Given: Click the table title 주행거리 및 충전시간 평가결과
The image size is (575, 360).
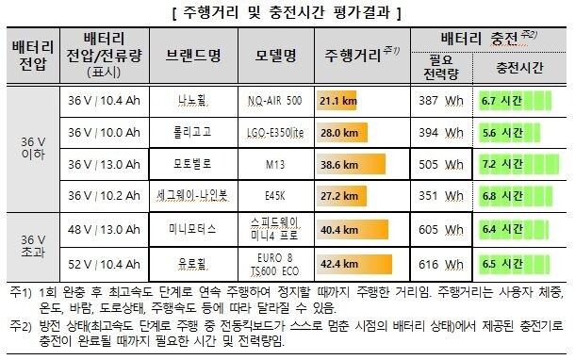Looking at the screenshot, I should tap(287, 13).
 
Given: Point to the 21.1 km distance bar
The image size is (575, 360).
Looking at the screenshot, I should tap(336, 100).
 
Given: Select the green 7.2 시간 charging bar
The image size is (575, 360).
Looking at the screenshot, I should tap(511, 164).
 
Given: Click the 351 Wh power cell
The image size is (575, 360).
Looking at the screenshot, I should tap(440, 196).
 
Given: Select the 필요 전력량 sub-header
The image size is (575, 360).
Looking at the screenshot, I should tap(440, 68).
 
